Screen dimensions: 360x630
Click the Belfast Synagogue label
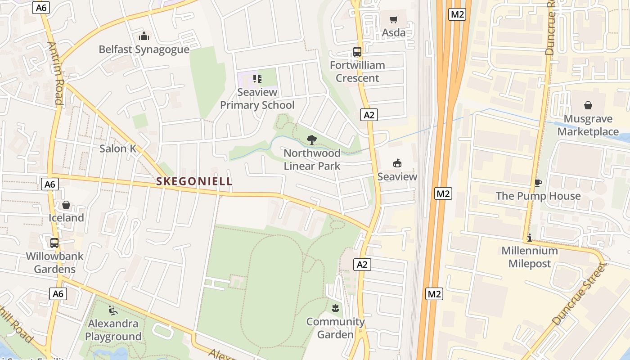[x=144, y=49]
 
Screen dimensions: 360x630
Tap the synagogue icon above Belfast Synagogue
[x=144, y=36]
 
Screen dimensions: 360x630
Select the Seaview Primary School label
[x=257, y=99]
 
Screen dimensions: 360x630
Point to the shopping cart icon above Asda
[x=394, y=19]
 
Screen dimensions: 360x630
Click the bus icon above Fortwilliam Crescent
[x=357, y=52]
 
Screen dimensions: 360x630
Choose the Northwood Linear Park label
[x=312, y=160]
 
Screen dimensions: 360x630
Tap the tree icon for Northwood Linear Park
[x=311, y=140]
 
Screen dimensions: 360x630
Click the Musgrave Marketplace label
[x=588, y=125]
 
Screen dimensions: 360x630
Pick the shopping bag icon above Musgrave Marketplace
[x=588, y=105]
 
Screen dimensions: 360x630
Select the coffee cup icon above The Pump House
[x=538, y=183]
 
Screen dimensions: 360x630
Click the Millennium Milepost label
[x=530, y=257]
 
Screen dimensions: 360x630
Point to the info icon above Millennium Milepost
[x=530, y=238]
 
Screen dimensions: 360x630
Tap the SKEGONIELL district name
[x=194, y=181]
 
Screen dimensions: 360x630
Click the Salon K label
[x=118, y=148]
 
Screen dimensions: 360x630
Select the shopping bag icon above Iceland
[x=66, y=205]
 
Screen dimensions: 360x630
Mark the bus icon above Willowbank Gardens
[x=54, y=243]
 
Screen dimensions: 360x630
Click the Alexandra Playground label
[x=113, y=330]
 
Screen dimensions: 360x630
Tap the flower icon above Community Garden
[x=335, y=308]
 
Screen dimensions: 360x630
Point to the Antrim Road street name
[x=55, y=73]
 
